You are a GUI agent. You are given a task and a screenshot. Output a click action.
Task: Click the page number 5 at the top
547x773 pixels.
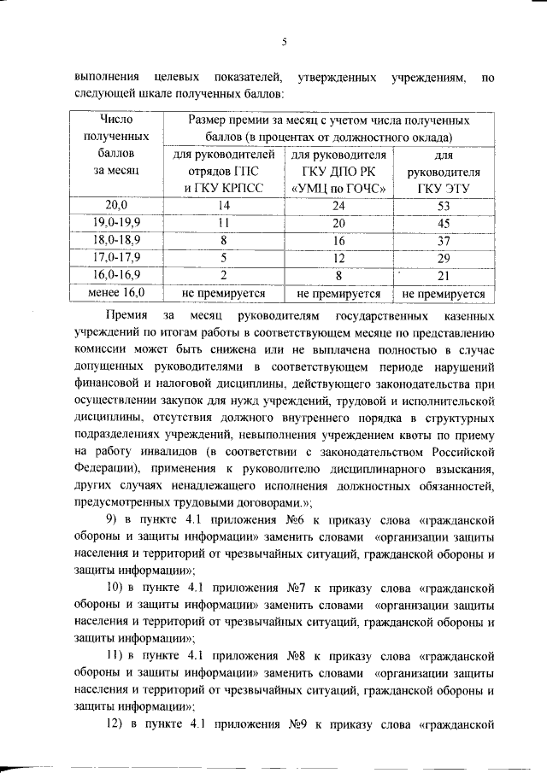point(284,41)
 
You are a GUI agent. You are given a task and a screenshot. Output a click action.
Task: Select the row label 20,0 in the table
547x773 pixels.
point(115,205)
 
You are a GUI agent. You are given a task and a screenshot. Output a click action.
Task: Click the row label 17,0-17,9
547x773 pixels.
point(115,258)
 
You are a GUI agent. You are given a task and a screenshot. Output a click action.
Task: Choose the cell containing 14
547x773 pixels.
point(225,205)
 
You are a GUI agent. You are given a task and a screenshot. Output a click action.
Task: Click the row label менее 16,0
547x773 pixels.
point(115,293)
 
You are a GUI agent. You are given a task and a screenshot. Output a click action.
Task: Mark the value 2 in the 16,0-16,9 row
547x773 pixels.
point(225,275)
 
